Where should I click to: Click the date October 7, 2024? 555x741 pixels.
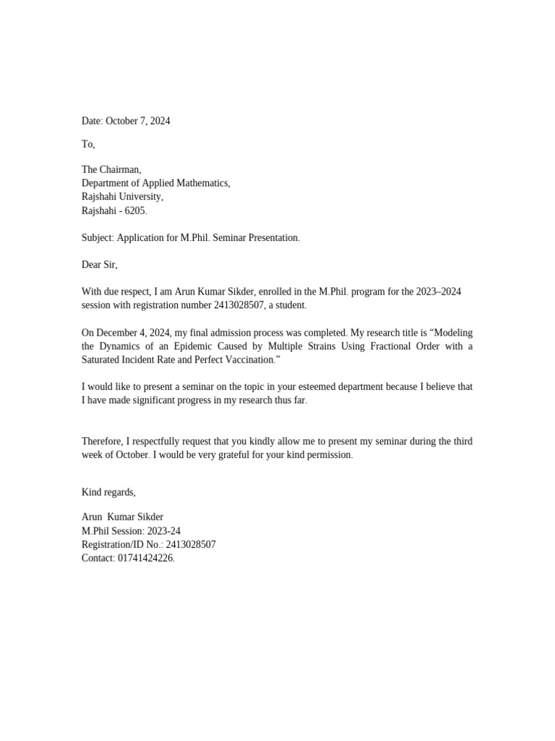(x=138, y=121)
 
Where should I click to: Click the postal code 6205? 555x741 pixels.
(x=134, y=211)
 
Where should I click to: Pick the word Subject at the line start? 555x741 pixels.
(x=97, y=237)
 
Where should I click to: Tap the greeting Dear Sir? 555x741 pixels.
(x=99, y=265)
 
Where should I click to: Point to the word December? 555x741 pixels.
(x=119, y=333)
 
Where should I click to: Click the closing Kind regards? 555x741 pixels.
(x=108, y=492)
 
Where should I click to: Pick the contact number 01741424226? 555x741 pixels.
(x=145, y=558)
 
